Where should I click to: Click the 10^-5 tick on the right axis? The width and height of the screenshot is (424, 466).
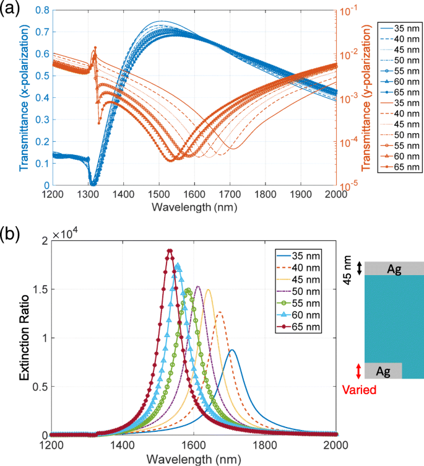[348, 185]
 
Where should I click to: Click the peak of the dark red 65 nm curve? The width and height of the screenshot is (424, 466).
[169, 250]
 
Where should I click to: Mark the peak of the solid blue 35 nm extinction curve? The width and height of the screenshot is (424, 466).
[232, 350]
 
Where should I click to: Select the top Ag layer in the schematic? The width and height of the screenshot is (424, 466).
[394, 268]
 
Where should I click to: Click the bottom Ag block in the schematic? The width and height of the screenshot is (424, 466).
[384, 370]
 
